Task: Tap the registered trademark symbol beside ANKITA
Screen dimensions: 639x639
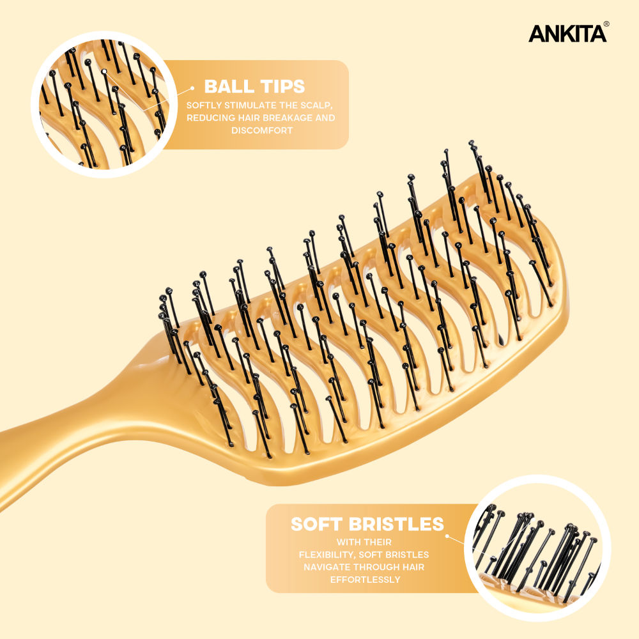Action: tap(606, 24)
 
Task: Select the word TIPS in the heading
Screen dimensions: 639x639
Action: tap(282, 86)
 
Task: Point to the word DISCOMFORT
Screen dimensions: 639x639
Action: tap(262, 130)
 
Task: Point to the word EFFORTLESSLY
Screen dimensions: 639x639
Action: tap(365, 580)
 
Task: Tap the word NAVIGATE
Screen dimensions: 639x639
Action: tap(328, 567)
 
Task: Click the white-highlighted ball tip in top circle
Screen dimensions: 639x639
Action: tap(104, 72)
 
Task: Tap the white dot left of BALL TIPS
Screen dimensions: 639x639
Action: tap(192, 88)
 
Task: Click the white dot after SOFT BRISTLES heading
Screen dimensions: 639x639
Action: tap(447, 536)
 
